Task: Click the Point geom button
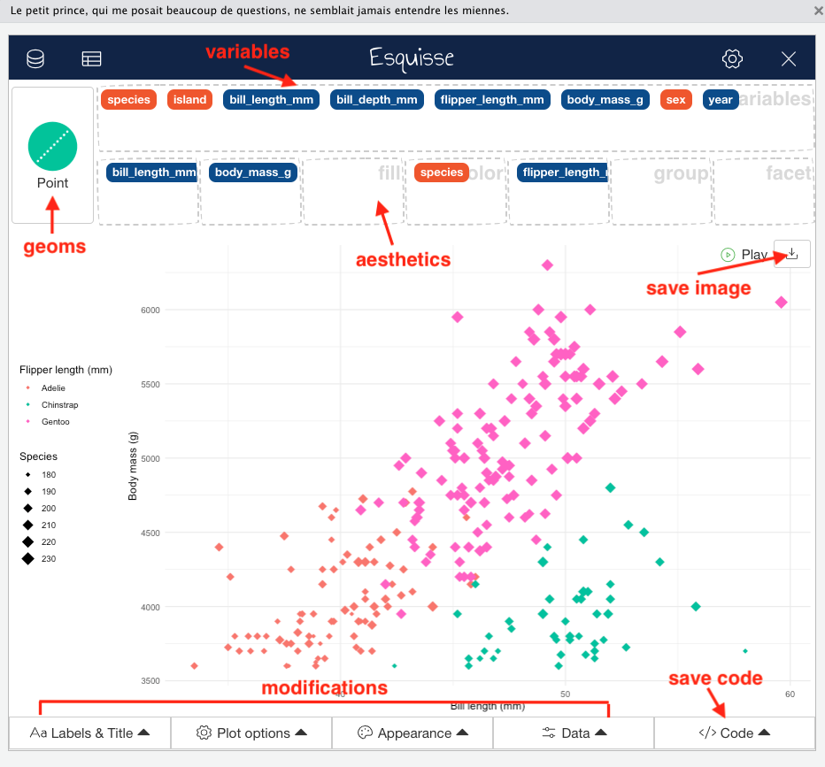pyautogui.click(x=52, y=155)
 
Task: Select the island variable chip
pyautogui.click(x=189, y=100)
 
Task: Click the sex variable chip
pyautogui.click(x=675, y=100)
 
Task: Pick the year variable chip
pyautogui.click(x=721, y=100)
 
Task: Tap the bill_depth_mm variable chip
pyautogui.click(x=374, y=100)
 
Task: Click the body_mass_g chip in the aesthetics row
pyautogui.click(x=253, y=173)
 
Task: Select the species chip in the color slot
pyautogui.click(x=442, y=173)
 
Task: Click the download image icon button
pyautogui.click(x=792, y=254)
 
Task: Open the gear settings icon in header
pyautogui.click(x=732, y=59)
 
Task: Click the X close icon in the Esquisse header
pyautogui.click(x=789, y=59)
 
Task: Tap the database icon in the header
pyautogui.click(x=35, y=59)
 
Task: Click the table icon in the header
pyautogui.click(x=91, y=59)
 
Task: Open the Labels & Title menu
pyautogui.click(x=89, y=732)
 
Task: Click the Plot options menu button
pyautogui.click(x=251, y=732)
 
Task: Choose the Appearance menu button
pyautogui.click(x=412, y=732)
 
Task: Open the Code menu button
pyautogui.click(x=734, y=732)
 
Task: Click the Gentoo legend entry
pyautogui.click(x=55, y=422)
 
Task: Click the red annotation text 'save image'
pyautogui.click(x=698, y=288)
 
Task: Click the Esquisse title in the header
pyautogui.click(x=412, y=58)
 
